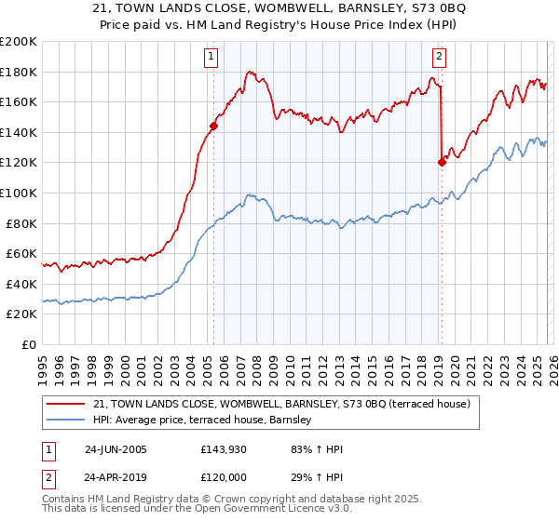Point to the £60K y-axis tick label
pyautogui.click(x=20, y=253)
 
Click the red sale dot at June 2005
pyautogui.click(x=214, y=126)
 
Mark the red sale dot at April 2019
pyautogui.click(x=442, y=162)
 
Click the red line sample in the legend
pyautogui.click(x=67, y=404)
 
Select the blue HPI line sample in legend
pyautogui.click(x=67, y=421)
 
